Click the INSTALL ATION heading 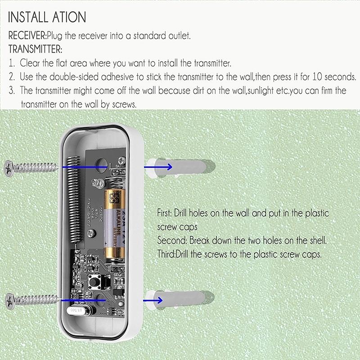[x=47, y=17]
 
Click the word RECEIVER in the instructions [x=27, y=36]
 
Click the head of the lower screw [x=10, y=300]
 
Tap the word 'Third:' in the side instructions [x=168, y=254]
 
